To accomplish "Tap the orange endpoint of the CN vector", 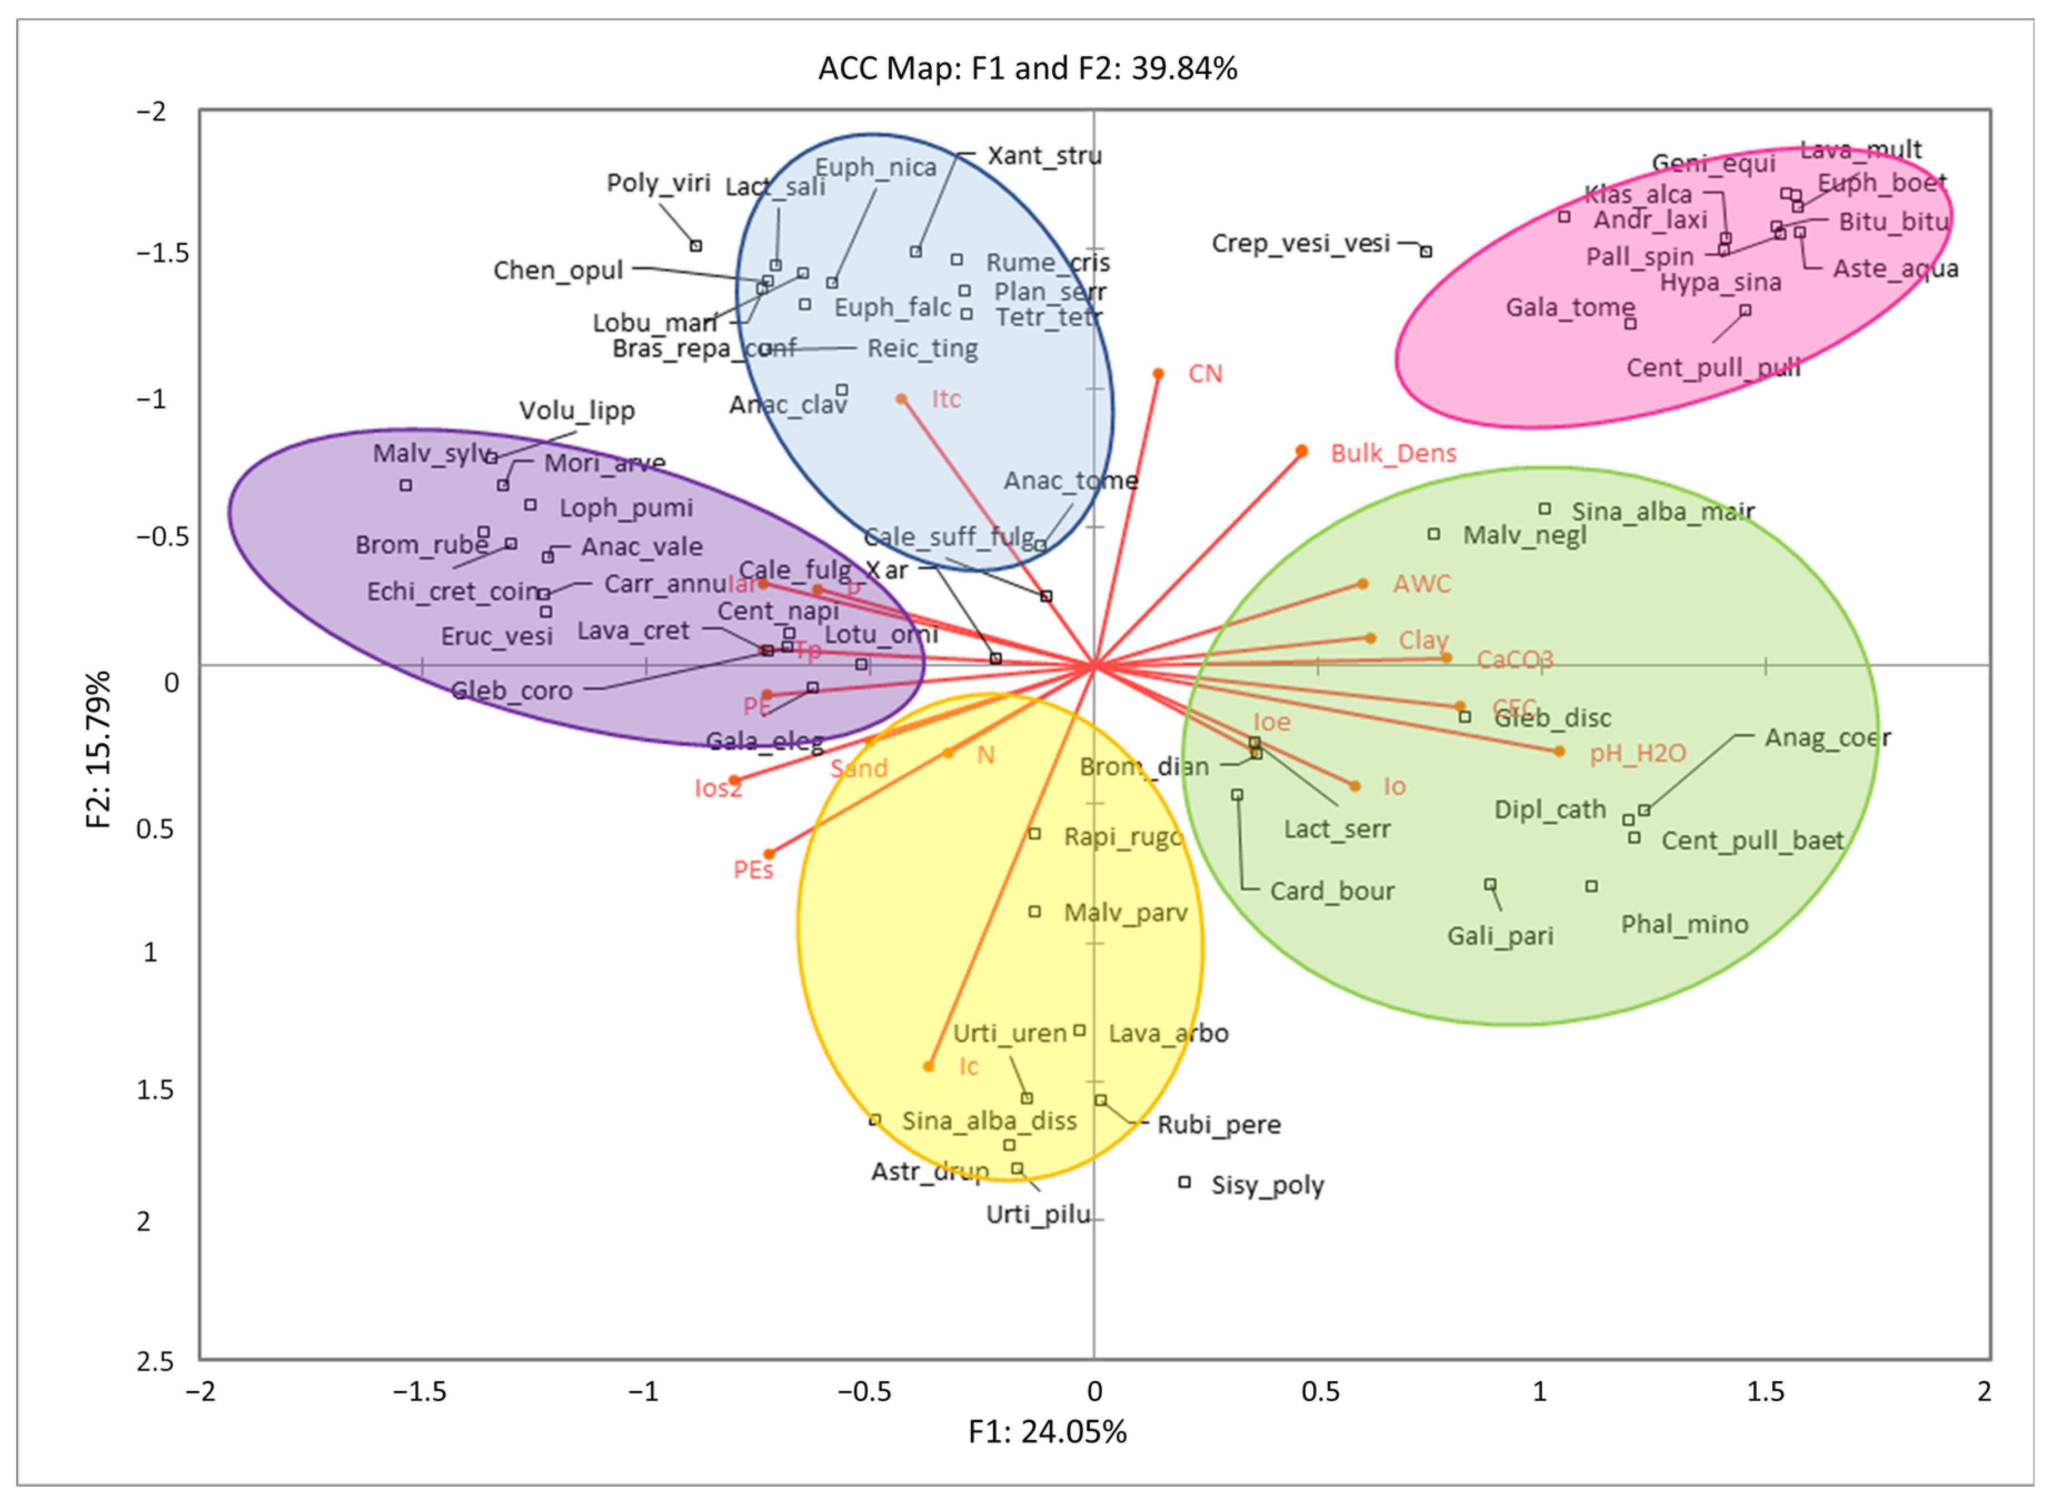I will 1157,374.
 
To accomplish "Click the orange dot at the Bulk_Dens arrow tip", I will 1302,451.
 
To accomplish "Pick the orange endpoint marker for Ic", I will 928,1066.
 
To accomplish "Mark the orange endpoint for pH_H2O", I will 1560,752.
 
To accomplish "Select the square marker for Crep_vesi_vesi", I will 1425,251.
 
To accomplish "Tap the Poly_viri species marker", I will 696,245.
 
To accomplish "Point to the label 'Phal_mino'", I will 1683,924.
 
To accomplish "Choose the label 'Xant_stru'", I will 1044,156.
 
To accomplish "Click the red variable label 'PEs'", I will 753,870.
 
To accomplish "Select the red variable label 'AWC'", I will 1421,584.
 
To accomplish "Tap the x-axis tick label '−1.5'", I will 419,1391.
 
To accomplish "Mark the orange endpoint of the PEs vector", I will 769,854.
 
